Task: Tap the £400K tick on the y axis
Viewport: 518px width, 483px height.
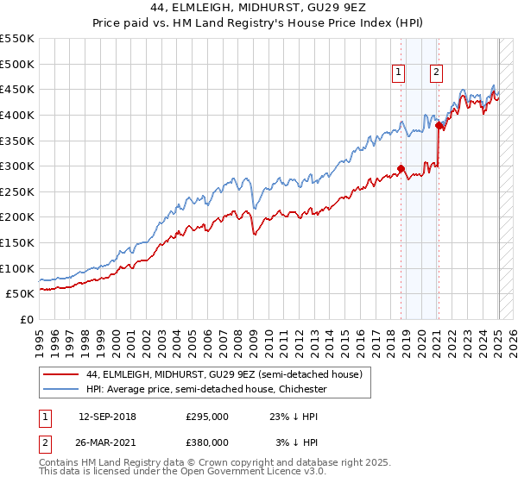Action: coord(18,115)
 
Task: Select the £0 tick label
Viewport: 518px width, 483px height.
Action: coord(26,320)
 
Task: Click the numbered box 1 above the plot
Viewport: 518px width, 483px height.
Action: coord(399,73)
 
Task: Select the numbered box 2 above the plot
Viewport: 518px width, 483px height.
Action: coord(437,73)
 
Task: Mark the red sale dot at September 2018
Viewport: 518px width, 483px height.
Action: coord(401,169)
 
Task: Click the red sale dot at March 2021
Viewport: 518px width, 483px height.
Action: coord(439,125)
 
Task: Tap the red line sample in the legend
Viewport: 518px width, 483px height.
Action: coord(61,374)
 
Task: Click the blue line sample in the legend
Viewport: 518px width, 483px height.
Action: coord(61,389)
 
